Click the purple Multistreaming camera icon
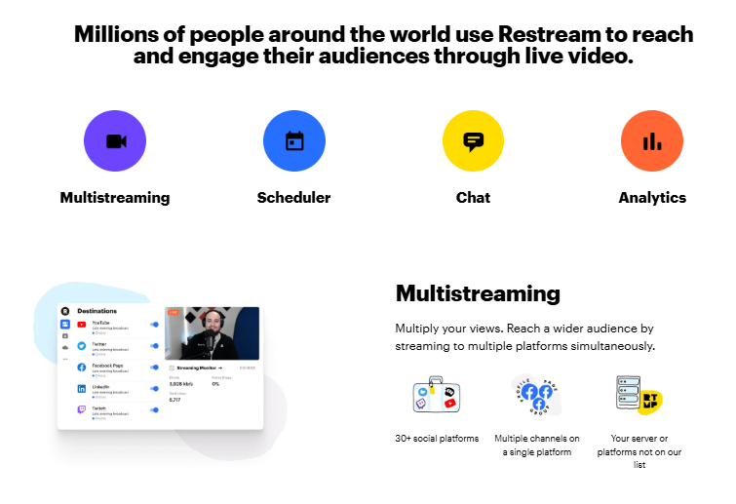click(115, 140)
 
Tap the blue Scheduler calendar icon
click(294, 140)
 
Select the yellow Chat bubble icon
click(474, 140)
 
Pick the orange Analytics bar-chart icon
click(652, 140)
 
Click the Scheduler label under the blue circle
click(293, 197)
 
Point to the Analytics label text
click(652, 197)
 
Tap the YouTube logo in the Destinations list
click(82, 324)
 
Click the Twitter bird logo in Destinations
click(82, 345)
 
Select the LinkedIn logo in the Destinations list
click(82, 388)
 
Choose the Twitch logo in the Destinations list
click(82, 410)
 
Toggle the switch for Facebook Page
click(154, 368)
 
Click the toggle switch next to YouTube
click(154, 324)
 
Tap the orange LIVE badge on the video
click(174, 313)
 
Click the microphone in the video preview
click(210, 342)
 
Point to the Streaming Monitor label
click(199, 368)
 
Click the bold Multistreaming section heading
click(478, 292)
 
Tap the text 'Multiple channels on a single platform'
click(536, 445)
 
